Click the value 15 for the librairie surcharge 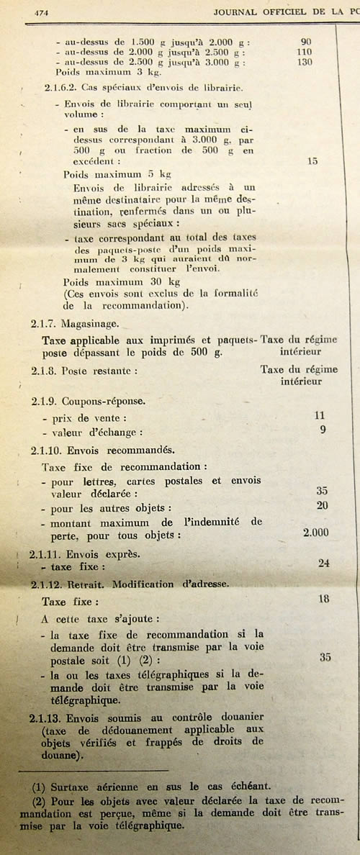pos(311,162)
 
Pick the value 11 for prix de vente pos(320,416)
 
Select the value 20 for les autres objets pos(322,506)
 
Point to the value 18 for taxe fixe pos(325,598)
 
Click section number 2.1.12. pos(48,584)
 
